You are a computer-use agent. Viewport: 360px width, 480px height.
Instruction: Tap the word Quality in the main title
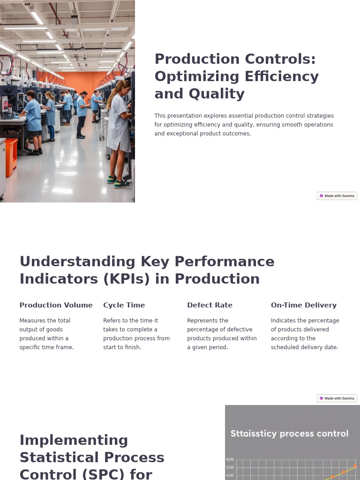(x=217, y=94)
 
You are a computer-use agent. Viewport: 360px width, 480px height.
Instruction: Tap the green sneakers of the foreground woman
(x=117, y=182)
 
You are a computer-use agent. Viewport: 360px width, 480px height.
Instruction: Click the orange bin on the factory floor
(x=11, y=157)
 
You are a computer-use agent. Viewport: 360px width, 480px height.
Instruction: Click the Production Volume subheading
(x=56, y=305)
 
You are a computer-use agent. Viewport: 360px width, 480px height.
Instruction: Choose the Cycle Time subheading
(x=124, y=305)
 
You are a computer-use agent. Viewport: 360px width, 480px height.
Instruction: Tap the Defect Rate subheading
(x=210, y=305)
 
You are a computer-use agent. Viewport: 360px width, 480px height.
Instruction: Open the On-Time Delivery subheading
(x=303, y=305)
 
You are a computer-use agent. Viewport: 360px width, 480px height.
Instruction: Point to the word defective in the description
(x=236, y=330)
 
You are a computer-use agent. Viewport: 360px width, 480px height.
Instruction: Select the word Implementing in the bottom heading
(x=74, y=440)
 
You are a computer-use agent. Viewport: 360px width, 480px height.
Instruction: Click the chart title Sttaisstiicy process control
(x=289, y=434)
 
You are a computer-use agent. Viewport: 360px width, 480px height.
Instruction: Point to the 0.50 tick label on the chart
(x=230, y=467)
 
